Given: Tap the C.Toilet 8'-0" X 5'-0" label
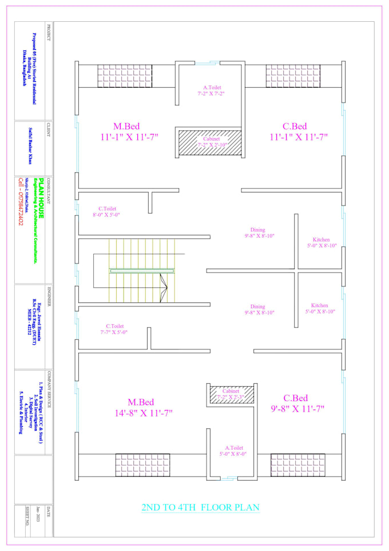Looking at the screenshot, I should click(x=108, y=212).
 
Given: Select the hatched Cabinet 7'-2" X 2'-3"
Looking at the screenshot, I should click(x=231, y=393).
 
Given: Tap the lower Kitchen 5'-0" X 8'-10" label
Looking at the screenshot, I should click(x=320, y=309).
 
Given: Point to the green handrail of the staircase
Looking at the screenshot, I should click(x=142, y=271).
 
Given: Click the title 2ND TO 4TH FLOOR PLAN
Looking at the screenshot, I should click(x=200, y=507).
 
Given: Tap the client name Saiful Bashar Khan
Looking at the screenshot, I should click(x=32, y=149).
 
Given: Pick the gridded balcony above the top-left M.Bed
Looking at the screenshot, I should click(x=124, y=76).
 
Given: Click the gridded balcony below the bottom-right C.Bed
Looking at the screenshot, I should click(x=297, y=465).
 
